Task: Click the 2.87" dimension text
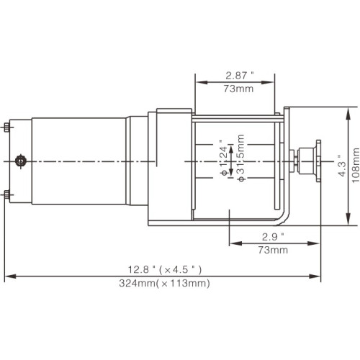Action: (240, 74)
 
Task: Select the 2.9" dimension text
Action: (274, 236)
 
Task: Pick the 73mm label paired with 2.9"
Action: (274, 250)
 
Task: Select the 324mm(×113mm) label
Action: (165, 283)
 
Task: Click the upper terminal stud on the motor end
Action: (6, 127)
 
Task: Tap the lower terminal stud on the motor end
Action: (6, 194)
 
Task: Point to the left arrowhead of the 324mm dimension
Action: (9, 276)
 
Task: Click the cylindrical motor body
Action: (79, 160)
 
